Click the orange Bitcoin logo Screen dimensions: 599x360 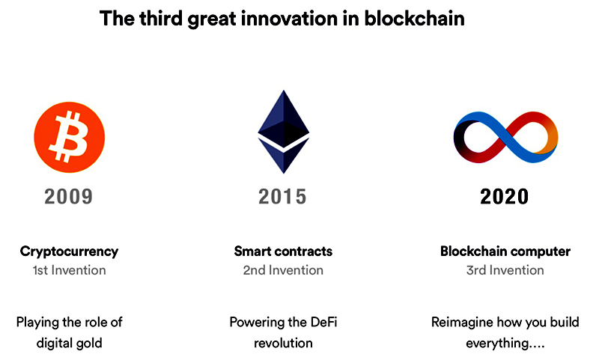pyautogui.click(x=69, y=137)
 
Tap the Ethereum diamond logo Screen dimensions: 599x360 pyautogui.click(x=284, y=132)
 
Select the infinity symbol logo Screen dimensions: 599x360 pyautogui.click(x=505, y=138)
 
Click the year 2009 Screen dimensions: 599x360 pyautogui.click(x=68, y=197)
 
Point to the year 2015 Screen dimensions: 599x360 pyautogui.click(x=282, y=197)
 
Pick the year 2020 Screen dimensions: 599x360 pyautogui.click(x=504, y=197)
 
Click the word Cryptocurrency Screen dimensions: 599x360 pyautogui.click(x=69, y=252)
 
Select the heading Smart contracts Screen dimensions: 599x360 pyautogui.click(x=283, y=251)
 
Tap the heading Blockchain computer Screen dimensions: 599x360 pyautogui.click(x=505, y=251)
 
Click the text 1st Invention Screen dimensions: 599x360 pyautogui.click(x=69, y=270)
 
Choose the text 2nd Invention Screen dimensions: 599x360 pyautogui.click(x=283, y=270)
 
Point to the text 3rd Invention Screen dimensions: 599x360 pyautogui.click(x=505, y=270)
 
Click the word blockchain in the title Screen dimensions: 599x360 pyautogui.click(x=414, y=18)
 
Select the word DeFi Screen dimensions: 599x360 pyautogui.click(x=324, y=323)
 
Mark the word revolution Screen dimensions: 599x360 pyautogui.click(x=283, y=344)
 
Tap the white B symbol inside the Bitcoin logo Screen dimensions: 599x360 pyautogui.click(x=69, y=136)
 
